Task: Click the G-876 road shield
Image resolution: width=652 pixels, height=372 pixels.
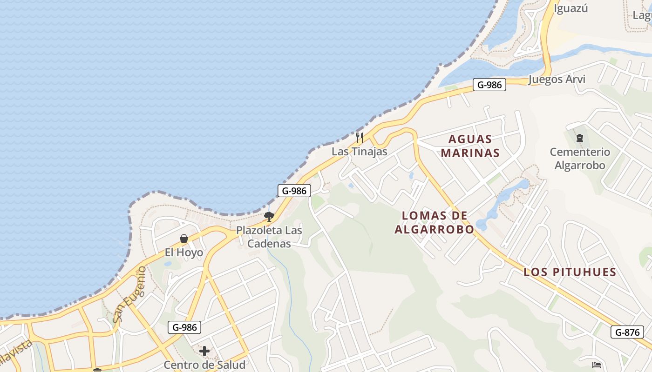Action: (x=627, y=332)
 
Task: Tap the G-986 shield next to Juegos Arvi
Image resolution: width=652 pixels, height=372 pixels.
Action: (x=489, y=85)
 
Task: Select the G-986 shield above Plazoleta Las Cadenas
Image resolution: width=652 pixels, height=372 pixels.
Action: (x=294, y=191)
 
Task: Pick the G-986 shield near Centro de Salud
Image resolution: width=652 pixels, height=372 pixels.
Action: (x=184, y=327)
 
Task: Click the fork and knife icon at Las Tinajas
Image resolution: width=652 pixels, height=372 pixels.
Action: (x=360, y=138)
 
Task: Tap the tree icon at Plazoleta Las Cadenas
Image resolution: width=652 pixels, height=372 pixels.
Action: (x=269, y=216)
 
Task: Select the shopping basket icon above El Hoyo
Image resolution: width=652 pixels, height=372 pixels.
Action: (x=184, y=239)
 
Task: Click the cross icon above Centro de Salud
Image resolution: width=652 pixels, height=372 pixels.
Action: (x=204, y=351)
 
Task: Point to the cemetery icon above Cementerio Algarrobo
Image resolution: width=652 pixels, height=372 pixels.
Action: (x=580, y=138)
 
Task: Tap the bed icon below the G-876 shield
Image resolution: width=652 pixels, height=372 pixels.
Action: (x=597, y=365)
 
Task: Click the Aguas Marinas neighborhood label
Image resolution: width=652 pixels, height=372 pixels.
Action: (x=470, y=146)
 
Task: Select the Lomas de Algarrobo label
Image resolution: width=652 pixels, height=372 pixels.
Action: (x=434, y=222)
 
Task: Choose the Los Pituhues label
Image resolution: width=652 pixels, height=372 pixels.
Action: (x=570, y=272)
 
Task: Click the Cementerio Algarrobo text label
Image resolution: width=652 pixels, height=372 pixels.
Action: (x=580, y=159)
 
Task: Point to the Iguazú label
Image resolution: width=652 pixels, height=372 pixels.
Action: (x=571, y=8)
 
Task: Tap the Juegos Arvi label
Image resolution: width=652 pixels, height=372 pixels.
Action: (x=557, y=79)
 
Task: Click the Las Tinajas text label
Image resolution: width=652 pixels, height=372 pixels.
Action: (x=360, y=152)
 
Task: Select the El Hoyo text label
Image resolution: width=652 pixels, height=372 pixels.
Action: (x=184, y=252)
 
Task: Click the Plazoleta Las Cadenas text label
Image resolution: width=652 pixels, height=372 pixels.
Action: (x=269, y=237)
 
